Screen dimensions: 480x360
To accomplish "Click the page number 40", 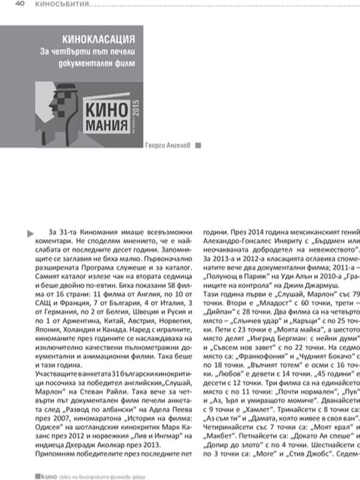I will [x=18, y=5].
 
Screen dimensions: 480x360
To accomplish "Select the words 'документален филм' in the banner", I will [x=100, y=62].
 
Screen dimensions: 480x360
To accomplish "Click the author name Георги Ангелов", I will [x=169, y=145].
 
